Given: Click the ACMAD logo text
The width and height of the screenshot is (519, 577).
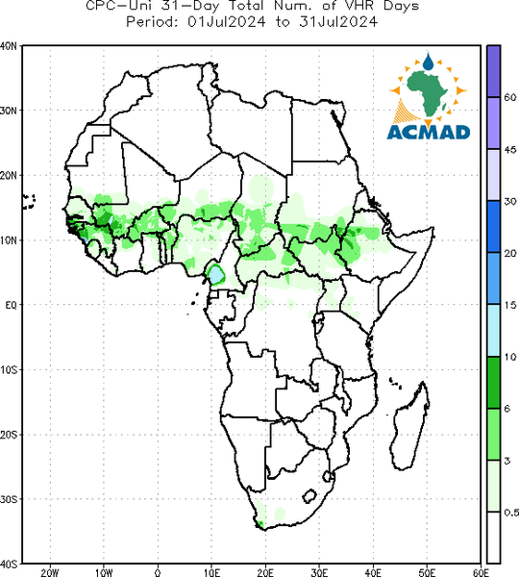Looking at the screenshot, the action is point(429,133).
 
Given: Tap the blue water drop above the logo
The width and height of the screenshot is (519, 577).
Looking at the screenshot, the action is point(428,62).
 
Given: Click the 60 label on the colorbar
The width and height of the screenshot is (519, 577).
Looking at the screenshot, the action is point(510,97).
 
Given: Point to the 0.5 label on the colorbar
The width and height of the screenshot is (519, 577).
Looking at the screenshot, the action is point(511,513).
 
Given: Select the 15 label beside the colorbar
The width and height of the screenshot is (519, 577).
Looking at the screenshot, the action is point(510,305).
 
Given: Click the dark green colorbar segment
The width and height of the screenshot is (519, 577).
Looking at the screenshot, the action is point(493,383).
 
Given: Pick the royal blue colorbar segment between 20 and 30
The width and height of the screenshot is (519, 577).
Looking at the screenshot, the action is point(493,227).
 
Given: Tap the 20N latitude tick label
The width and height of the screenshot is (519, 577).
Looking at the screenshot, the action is point(9,175).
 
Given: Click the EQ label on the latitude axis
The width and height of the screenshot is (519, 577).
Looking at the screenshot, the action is point(11,305).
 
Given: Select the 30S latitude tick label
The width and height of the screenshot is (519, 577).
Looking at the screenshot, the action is point(9,499).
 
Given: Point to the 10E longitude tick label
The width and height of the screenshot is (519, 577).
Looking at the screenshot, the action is point(211,572).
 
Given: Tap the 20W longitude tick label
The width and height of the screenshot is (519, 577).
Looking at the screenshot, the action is point(50,572).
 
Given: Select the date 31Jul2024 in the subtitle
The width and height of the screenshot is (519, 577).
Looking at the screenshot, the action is point(338,22).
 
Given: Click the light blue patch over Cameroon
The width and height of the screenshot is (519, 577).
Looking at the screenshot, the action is point(216,274).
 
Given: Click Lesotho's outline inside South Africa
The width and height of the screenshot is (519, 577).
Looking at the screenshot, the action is point(309,495).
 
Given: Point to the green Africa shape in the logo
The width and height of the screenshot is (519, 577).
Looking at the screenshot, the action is point(428,93).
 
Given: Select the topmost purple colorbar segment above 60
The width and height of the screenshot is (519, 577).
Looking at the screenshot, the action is point(493,71).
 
